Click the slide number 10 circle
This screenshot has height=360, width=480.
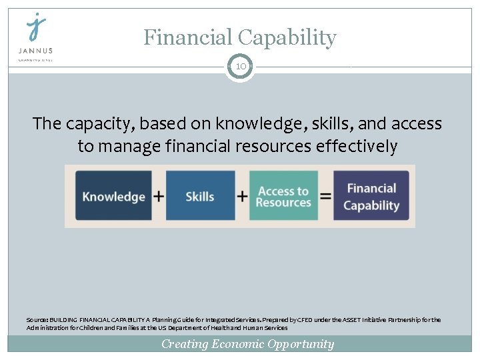point(240,67)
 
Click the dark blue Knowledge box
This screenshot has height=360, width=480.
point(113,196)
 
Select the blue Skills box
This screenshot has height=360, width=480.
point(200,196)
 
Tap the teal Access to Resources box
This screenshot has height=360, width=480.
point(283,196)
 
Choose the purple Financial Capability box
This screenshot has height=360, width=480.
point(371,196)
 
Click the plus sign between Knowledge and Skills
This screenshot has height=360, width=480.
point(159,196)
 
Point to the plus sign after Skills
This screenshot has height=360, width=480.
point(242,196)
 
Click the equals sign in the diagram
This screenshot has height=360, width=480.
point(325,196)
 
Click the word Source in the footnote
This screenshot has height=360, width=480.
point(37,320)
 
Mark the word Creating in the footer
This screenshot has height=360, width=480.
point(185,344)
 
